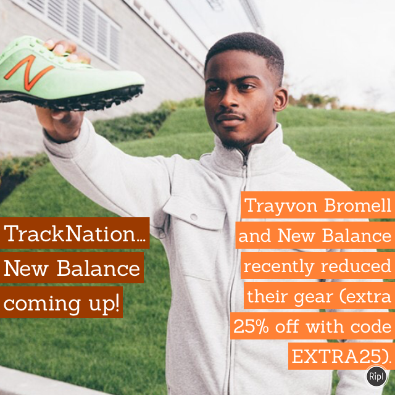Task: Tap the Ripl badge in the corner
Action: pyautogui.click(x=376, y=375)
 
